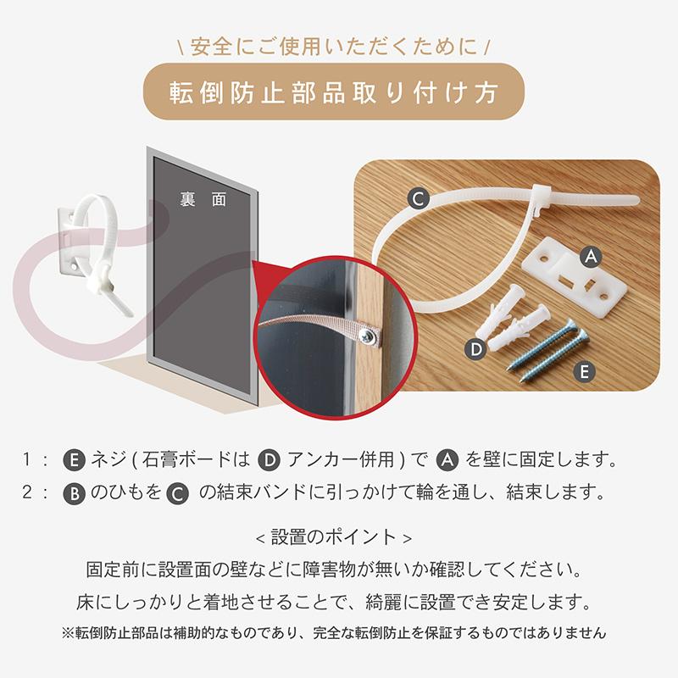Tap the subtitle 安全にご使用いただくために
tap(339, 42)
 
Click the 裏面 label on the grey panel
tap(203, 200)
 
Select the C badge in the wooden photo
tap(416, 199)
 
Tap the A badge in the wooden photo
tap(591, 254)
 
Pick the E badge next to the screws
tap(581, 370)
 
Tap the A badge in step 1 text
tap(447, 461)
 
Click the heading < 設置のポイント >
tap(338, 537)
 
